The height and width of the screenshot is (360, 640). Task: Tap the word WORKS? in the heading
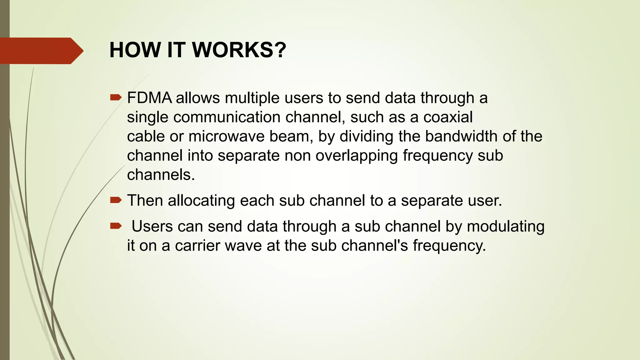pos(239,50)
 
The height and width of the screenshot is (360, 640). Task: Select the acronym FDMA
pos(149,98)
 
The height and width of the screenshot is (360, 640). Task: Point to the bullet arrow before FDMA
pos(116,98)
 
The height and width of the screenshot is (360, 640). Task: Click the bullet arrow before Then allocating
pos(116,200)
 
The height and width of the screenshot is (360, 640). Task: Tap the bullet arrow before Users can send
pos(116,226)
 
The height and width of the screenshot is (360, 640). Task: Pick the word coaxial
pos(448,117)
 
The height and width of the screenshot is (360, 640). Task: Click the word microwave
pos(227,137)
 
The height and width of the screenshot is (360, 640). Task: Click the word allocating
pos(201,201)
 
